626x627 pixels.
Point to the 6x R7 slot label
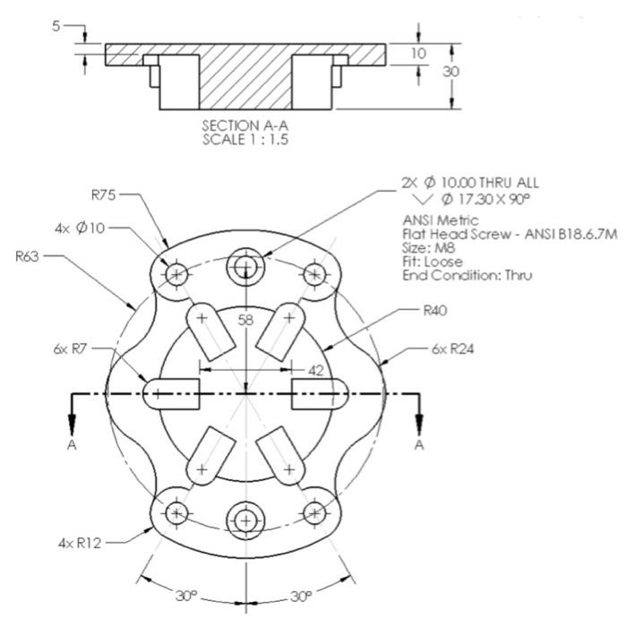tap(73, 348)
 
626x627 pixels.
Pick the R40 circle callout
tap(434, 312)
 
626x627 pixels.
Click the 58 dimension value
tap(246, 320)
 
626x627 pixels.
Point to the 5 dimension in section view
tap(56, 26)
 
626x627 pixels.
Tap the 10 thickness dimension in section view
tap(418, 55)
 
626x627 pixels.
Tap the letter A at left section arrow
tap(71, 445)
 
